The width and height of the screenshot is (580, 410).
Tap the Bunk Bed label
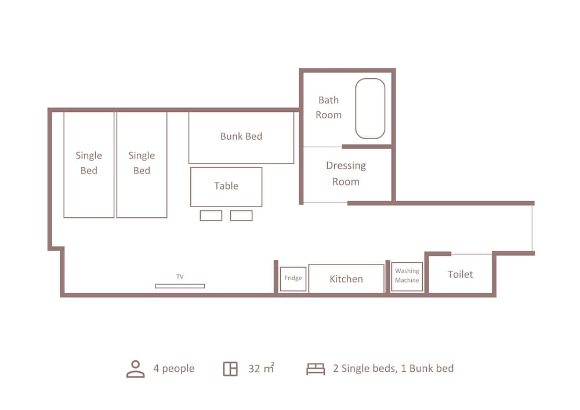pyautogui.click(x=241, y=136)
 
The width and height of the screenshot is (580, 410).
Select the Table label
pyautogui.click(x=226, y=186)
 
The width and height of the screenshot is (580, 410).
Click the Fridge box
pyautogui.click(x=293, y=279)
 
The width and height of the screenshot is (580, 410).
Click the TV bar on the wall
pyautogui.click(x=180, y=286)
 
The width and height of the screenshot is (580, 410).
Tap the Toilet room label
pyautogui.click(x=460, y=274)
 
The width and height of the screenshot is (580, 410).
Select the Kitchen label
pyautogui.click(x=346, y=279)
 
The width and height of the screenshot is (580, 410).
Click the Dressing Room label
pyautogui.click(x=346, y=173)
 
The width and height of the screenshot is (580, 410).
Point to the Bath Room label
pyautogui.click(x=328, y=108)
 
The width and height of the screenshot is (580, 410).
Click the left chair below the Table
pyautogui.click(x=211, y=216)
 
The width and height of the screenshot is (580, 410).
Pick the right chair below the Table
pyautogui.click(x=241, y=216)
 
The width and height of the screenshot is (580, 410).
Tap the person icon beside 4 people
pyautogui.click(x=135, y=369)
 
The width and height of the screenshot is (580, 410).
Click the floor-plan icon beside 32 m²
pyautogui.click(x=230, y=369)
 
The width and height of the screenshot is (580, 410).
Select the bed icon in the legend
pyautogui.click(x=316, y=369)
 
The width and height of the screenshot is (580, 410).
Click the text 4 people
pyautogui.click(x=174, y=369)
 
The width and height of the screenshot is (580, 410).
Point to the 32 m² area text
pyautogui.click(x=261, y=368)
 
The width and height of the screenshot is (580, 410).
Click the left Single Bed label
pyautogui.click(x=89, y=163)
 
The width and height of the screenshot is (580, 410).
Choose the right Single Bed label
pyautogui.click(x=142, y=163)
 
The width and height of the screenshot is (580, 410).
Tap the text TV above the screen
pyautogui.click(x=180, y=277)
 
